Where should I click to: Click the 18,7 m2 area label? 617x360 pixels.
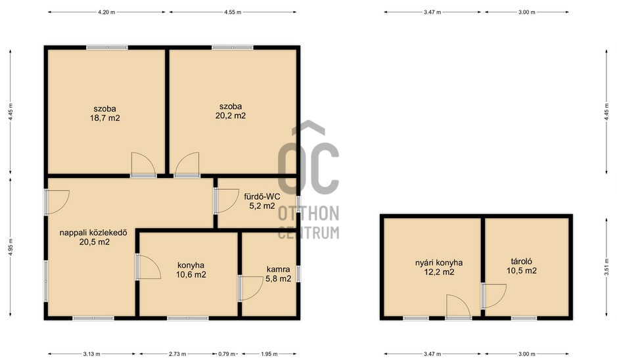(105, 118)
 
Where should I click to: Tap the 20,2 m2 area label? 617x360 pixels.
(231, 116)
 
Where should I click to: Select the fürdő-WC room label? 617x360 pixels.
(262, 196)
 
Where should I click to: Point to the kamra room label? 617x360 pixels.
(278, 269)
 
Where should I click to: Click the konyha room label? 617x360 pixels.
(191, 265)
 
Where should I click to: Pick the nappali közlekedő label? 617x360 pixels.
(93, 233)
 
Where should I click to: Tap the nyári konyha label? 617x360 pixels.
(439, 263)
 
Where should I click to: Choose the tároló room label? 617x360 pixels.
(522, 261)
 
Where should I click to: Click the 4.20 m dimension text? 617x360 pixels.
(106, 12)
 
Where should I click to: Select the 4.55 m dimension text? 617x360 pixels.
(233, 12)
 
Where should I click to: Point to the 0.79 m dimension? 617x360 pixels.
(227, 354)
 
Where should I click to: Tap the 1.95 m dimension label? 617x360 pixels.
(269, 354)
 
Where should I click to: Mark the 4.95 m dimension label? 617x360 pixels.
(11, 247)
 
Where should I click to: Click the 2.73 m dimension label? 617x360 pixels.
(177, 354)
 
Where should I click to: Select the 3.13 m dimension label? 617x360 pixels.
(92, 354)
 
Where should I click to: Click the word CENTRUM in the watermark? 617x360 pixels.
(309, 233)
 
